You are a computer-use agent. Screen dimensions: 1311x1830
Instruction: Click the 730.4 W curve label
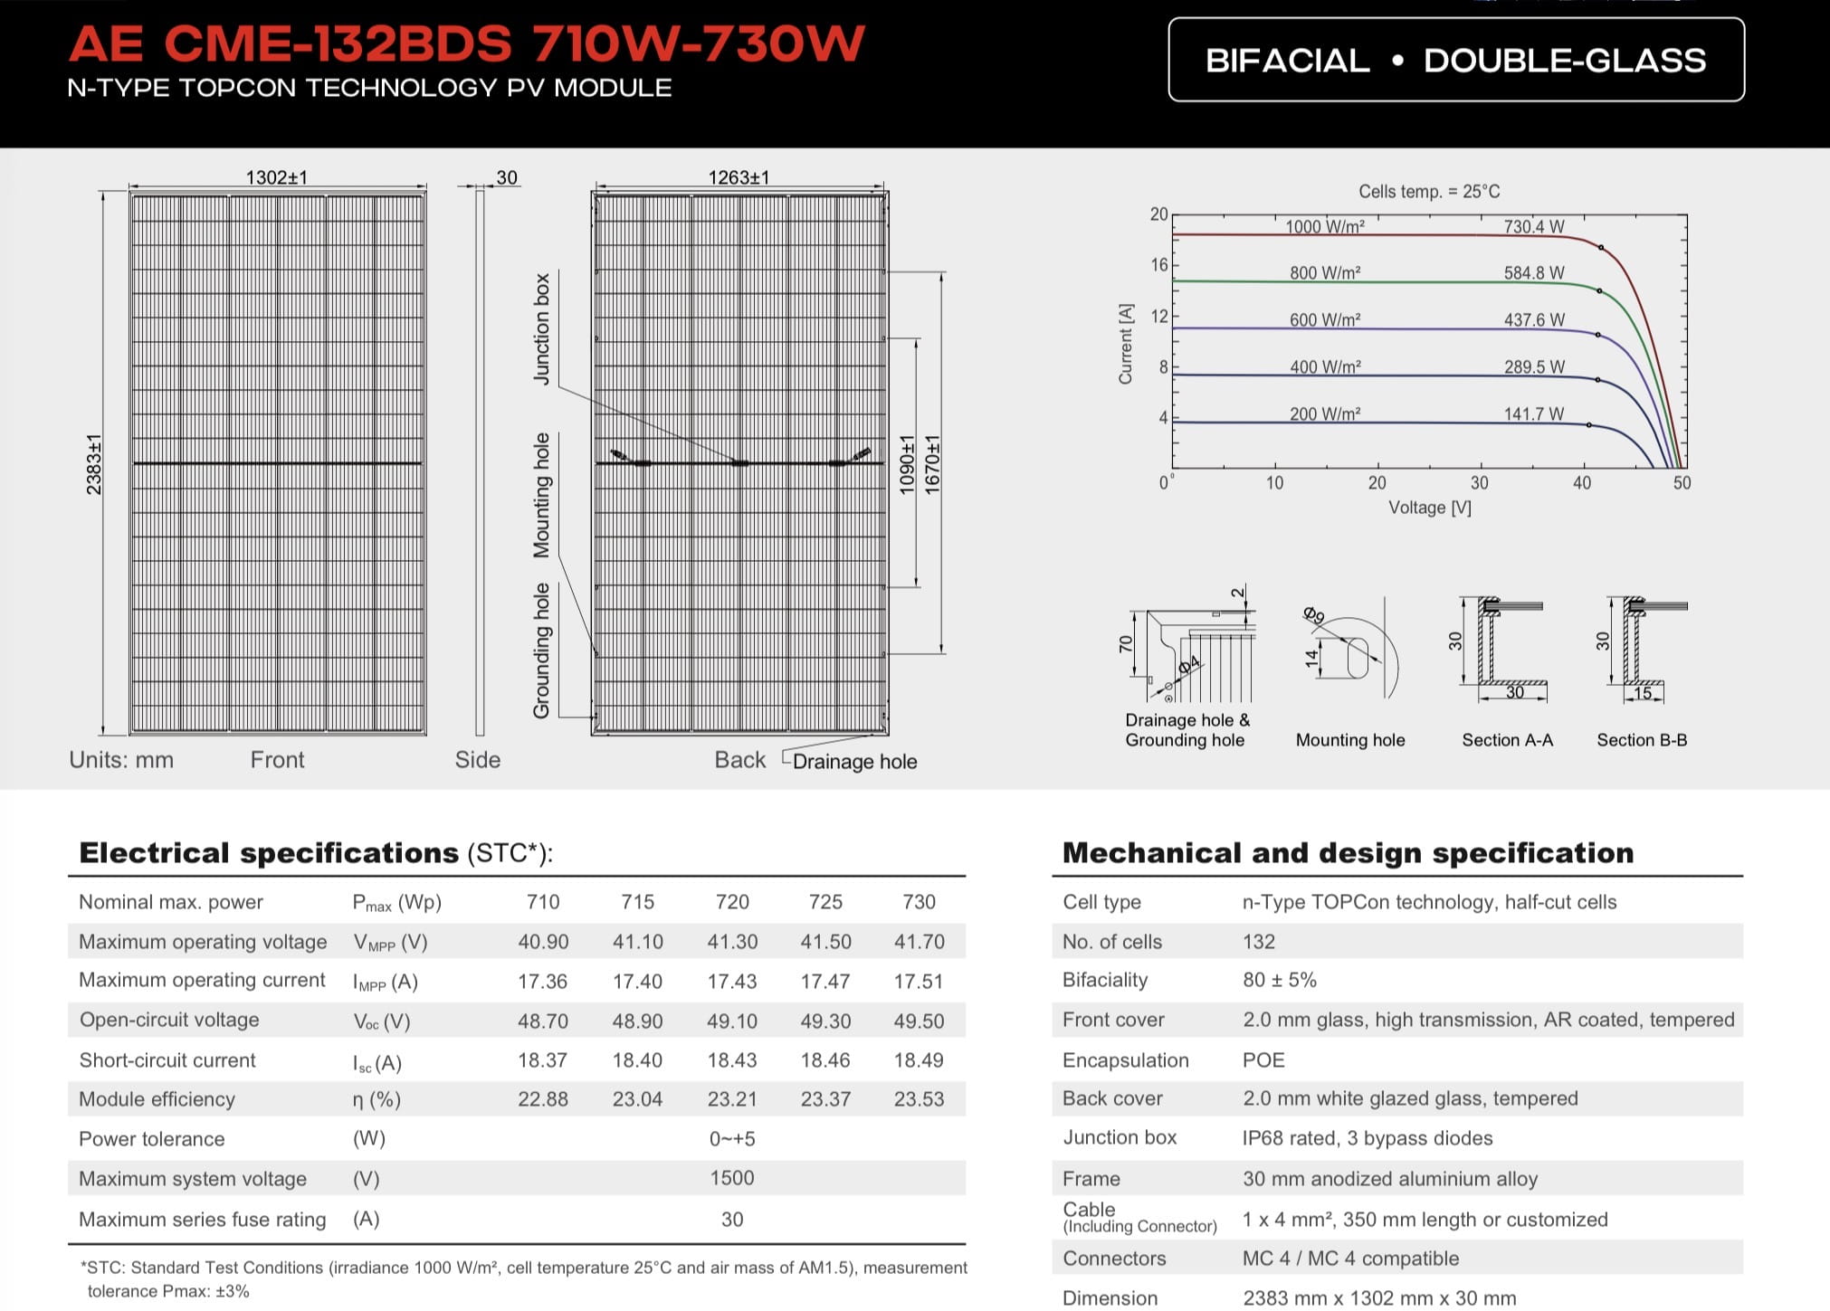tap(1534, 227)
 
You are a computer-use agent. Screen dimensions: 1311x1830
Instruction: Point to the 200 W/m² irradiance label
tap(1325, 414)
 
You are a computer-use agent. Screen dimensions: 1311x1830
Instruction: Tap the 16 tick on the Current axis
tap(1159, 265)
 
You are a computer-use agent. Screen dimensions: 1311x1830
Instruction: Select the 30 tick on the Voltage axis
tap(1480, 483)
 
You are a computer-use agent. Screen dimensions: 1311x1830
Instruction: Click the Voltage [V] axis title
tap(1430, 508)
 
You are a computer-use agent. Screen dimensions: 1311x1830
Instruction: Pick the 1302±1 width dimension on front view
tap(277, 177)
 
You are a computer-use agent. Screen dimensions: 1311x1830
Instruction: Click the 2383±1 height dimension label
tap(94, 464)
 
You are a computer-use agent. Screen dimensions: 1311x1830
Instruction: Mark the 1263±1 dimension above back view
tap(739, 177)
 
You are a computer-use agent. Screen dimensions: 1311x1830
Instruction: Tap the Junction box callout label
tap(542, 329)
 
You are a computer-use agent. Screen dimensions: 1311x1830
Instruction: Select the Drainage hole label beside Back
tap(854, 762)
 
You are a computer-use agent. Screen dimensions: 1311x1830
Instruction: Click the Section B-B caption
tap(1642, 740)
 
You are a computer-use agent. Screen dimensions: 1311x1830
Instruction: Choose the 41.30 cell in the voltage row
tap(732, 942)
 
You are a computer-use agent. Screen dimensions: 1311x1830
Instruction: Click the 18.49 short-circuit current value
tap(919, 1060)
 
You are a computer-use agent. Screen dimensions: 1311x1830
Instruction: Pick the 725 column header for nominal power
tap(825, 902)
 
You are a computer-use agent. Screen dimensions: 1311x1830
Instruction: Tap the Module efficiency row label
tap(157, 1099)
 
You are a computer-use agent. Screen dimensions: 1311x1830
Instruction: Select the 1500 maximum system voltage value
tap(732, 1178)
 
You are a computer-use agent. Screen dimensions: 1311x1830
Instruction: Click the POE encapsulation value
tap(1263, 1060)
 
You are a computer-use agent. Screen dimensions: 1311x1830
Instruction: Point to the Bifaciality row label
tap(1105, 980)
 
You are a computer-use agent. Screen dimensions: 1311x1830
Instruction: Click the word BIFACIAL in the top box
tap(1288, 61)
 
